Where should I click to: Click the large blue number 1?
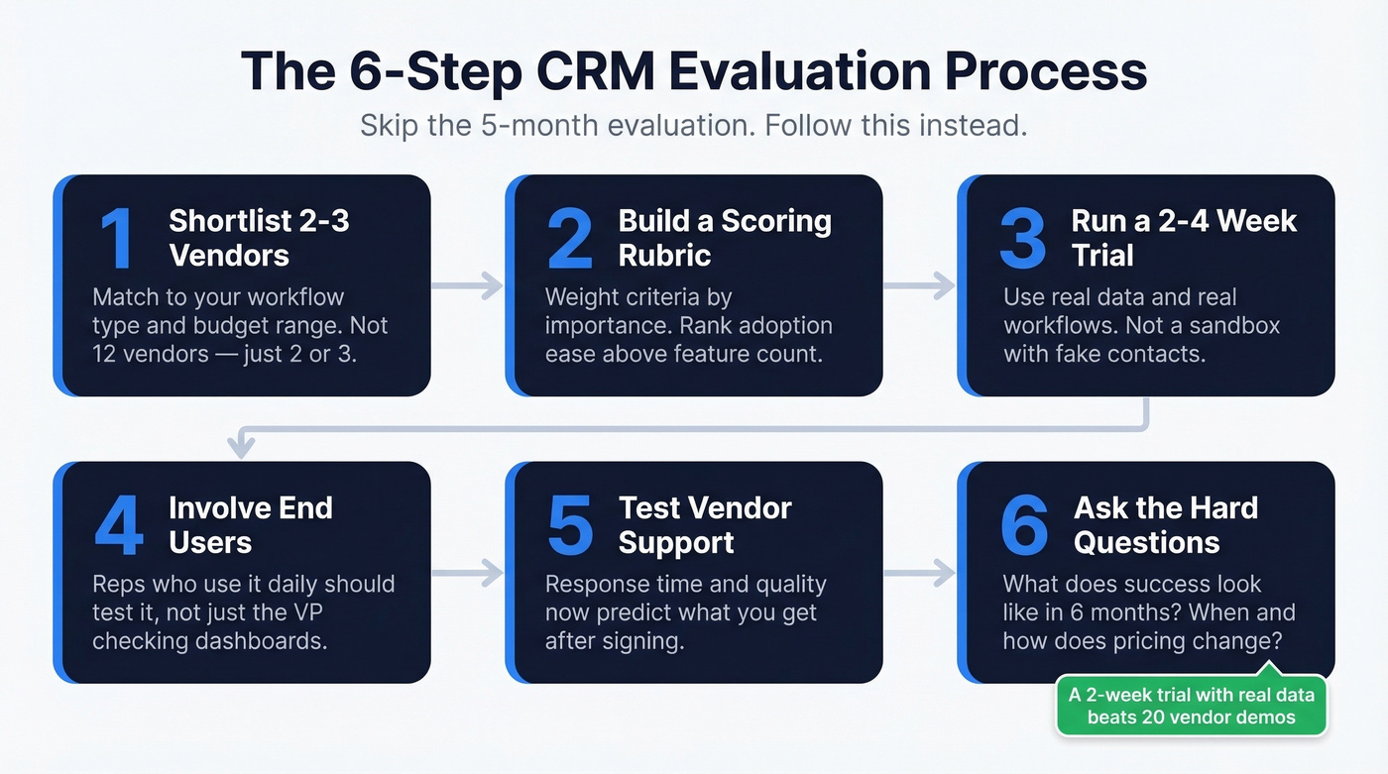(x=117, y=239)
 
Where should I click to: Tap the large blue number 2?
(x=569, y=239)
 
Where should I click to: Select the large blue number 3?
(x=1022, y=239)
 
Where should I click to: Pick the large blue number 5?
(x=570, y=525)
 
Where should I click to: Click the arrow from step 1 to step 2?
(x=467, y=286)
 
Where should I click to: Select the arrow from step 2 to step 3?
(x=919, y=286)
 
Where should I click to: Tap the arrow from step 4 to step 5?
(x=467, y=572)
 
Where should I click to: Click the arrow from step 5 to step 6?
(x=919, y=572)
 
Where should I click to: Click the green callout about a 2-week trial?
(x=1191, y=706)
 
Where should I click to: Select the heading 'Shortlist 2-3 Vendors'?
(x=258, y=238)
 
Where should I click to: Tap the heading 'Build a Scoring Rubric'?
(x=724, y=238)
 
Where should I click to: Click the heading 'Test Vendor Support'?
(x=705, y=525)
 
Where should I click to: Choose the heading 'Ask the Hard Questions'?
(x=1165, y=525)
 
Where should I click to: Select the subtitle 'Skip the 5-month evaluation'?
(x=550, y=126)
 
